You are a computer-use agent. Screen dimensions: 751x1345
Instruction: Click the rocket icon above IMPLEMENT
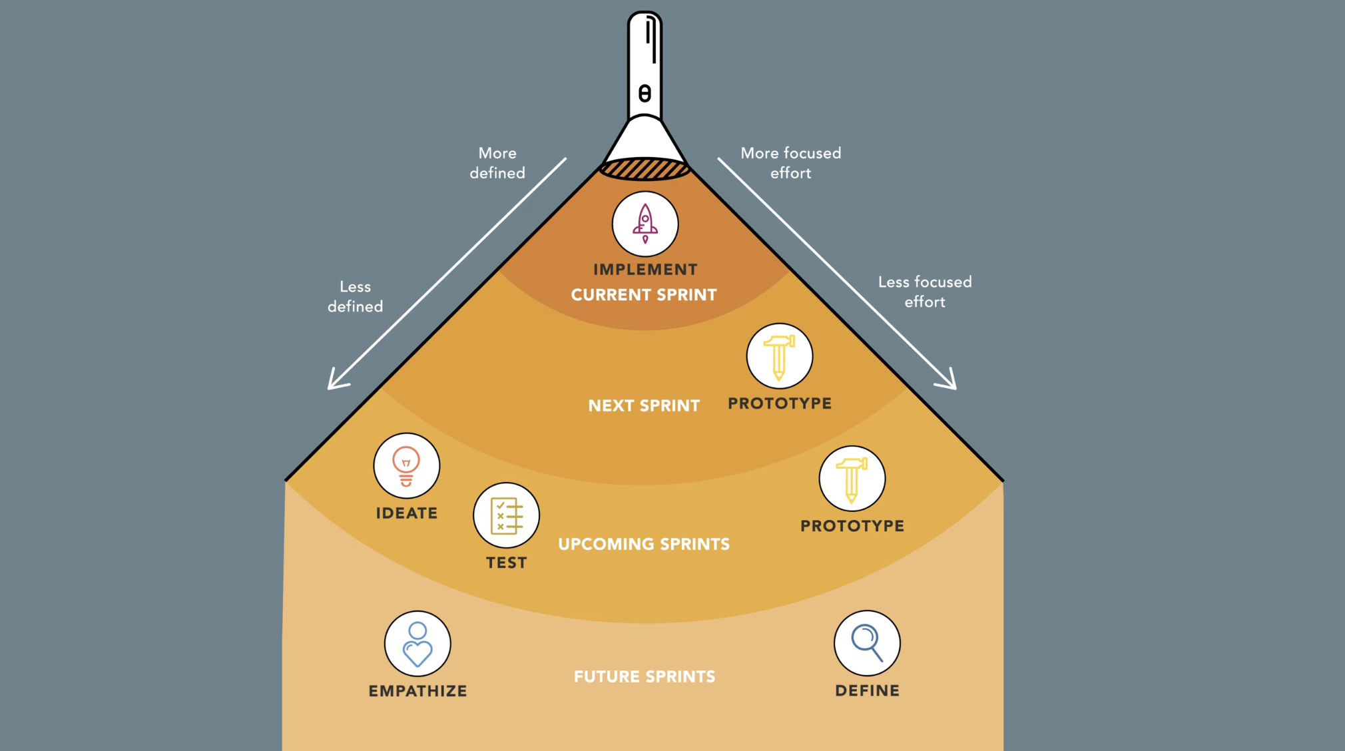pyautogui.click(x=645, y=224)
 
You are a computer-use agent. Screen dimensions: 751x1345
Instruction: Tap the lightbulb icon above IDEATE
pyautogui.click(x=406, y=465)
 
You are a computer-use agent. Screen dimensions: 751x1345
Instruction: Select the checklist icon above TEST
pyautogui.click(x=506, y=515)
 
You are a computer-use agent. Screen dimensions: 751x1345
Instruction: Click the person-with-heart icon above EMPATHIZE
pyautogui.click(x=417, y=643)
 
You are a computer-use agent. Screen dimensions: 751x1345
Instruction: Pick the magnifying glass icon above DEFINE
pyautogui.click(x=867, y=643)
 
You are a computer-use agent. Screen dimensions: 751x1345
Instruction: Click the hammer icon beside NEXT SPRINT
pyautogui.click(x=779, y=356)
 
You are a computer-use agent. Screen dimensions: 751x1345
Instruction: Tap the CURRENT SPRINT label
pyautogui.click(x=644, y=295)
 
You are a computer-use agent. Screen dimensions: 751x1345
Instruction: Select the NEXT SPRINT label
pyautogui.click(x=644, y=405)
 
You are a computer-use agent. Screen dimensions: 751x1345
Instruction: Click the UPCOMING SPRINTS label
pyautogui.click(x=644, y=544)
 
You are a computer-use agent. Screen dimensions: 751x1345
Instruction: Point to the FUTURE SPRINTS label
pyautogui.click(x=645, y=676)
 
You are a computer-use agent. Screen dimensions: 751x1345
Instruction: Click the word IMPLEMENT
pyautogui.click(x=645, y=270)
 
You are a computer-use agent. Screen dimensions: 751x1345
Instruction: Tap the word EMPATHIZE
pyautogui.click(x=417, y=691)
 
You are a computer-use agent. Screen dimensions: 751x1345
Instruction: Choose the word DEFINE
pyautogui.click(x=867, y=691)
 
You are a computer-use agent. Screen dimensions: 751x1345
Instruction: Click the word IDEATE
pyautogui.click(x=406, y=513)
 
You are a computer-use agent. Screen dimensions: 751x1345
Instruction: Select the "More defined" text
pyautogui.click(x=497, y=163)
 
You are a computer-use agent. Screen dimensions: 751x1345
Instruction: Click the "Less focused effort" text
pyautogui.click(x=925, y=292)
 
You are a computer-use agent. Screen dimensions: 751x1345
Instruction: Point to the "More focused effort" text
pyautogui.click(x=791, y=163)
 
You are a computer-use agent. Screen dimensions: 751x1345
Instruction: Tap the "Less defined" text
pyautogui.click(x=355, y=296)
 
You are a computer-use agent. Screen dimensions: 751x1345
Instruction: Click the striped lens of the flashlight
pyautogui.click(x=645, y=169)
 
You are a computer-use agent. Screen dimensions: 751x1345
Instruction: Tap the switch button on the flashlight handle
pyautogui.click(x=645, y=93)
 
